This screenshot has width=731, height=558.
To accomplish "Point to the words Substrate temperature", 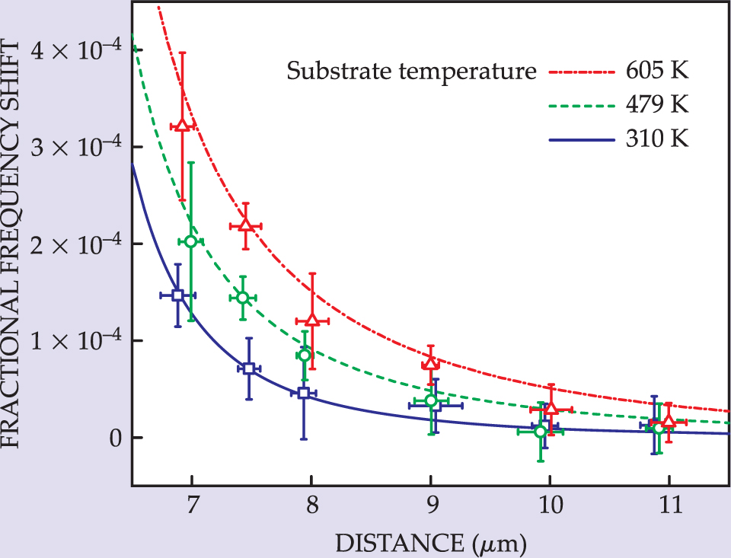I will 407,73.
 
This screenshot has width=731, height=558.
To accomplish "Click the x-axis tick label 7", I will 192,503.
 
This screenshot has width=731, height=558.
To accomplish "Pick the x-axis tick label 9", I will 430,503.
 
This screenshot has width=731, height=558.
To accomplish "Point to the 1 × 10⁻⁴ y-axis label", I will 75,341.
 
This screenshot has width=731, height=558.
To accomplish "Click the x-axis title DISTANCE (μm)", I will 430,543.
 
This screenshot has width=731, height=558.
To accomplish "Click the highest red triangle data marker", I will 183,125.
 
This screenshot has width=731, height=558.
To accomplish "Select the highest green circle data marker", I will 191,241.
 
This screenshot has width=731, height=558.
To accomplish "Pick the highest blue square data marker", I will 177,295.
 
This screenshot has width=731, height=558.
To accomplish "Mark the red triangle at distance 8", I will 311,320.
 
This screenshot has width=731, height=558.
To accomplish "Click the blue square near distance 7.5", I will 248,368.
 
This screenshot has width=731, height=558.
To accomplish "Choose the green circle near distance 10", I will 541,432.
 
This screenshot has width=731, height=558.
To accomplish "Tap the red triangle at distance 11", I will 669,422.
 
